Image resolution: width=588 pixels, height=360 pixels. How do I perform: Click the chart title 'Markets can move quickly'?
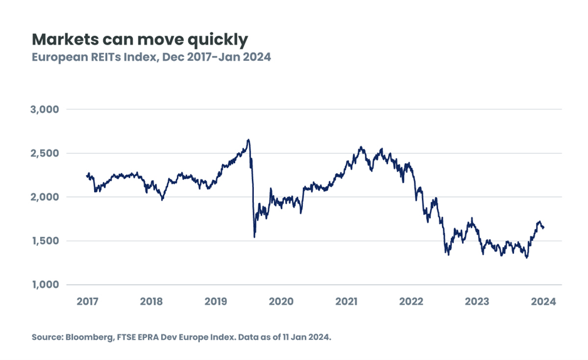coord(140,40)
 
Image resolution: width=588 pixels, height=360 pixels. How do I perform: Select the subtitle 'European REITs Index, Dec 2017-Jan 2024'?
coord(151,57)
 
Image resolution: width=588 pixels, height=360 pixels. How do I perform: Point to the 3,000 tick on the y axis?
coord(45,109)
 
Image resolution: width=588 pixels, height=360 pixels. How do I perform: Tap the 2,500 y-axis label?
coord(45,153)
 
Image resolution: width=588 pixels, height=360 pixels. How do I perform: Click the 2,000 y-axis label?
coord(45,197)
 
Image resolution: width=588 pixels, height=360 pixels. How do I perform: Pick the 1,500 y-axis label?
coord(45,241)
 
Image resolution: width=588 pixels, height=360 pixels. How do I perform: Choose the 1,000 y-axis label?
coord(45,285)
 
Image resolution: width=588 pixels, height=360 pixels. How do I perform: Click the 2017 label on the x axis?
coord(87,301)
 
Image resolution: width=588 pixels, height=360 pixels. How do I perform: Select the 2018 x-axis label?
coord(152,301)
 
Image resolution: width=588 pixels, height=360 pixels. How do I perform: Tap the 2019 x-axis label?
coord(217,301)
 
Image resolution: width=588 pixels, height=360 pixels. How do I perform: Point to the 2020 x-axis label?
coord(281,301)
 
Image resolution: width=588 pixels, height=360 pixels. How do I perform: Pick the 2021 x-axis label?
coord(347,301)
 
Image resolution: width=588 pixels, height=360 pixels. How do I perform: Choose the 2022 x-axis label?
coord(412,301)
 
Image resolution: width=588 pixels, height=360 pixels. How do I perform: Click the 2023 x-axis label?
coord(477,301)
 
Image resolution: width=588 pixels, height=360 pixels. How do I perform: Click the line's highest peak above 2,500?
coord(248,139)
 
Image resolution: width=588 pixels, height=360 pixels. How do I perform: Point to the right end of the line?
coord(543,228)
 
